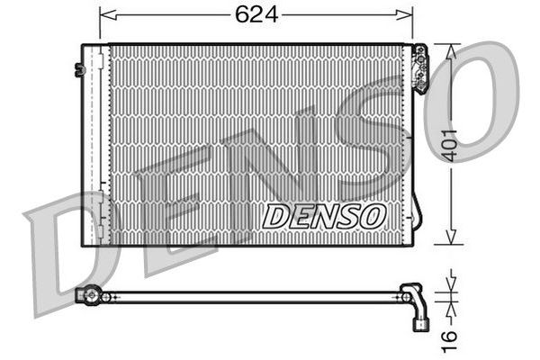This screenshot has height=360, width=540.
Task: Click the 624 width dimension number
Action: click(256, 14)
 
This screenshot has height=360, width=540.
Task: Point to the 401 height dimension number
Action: click(449, 146)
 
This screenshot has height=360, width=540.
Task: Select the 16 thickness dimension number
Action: click(449, 341)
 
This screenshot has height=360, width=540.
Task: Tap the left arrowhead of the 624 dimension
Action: click(107, 14)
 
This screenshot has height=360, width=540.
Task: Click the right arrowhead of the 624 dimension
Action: click(404, 14)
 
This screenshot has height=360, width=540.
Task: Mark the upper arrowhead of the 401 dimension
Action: click(451, 51)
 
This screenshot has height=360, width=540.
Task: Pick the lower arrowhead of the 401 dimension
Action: click(451, 238)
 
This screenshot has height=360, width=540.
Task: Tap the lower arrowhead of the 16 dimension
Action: click(452, 310)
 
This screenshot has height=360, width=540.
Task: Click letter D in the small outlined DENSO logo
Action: click(274, 216)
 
